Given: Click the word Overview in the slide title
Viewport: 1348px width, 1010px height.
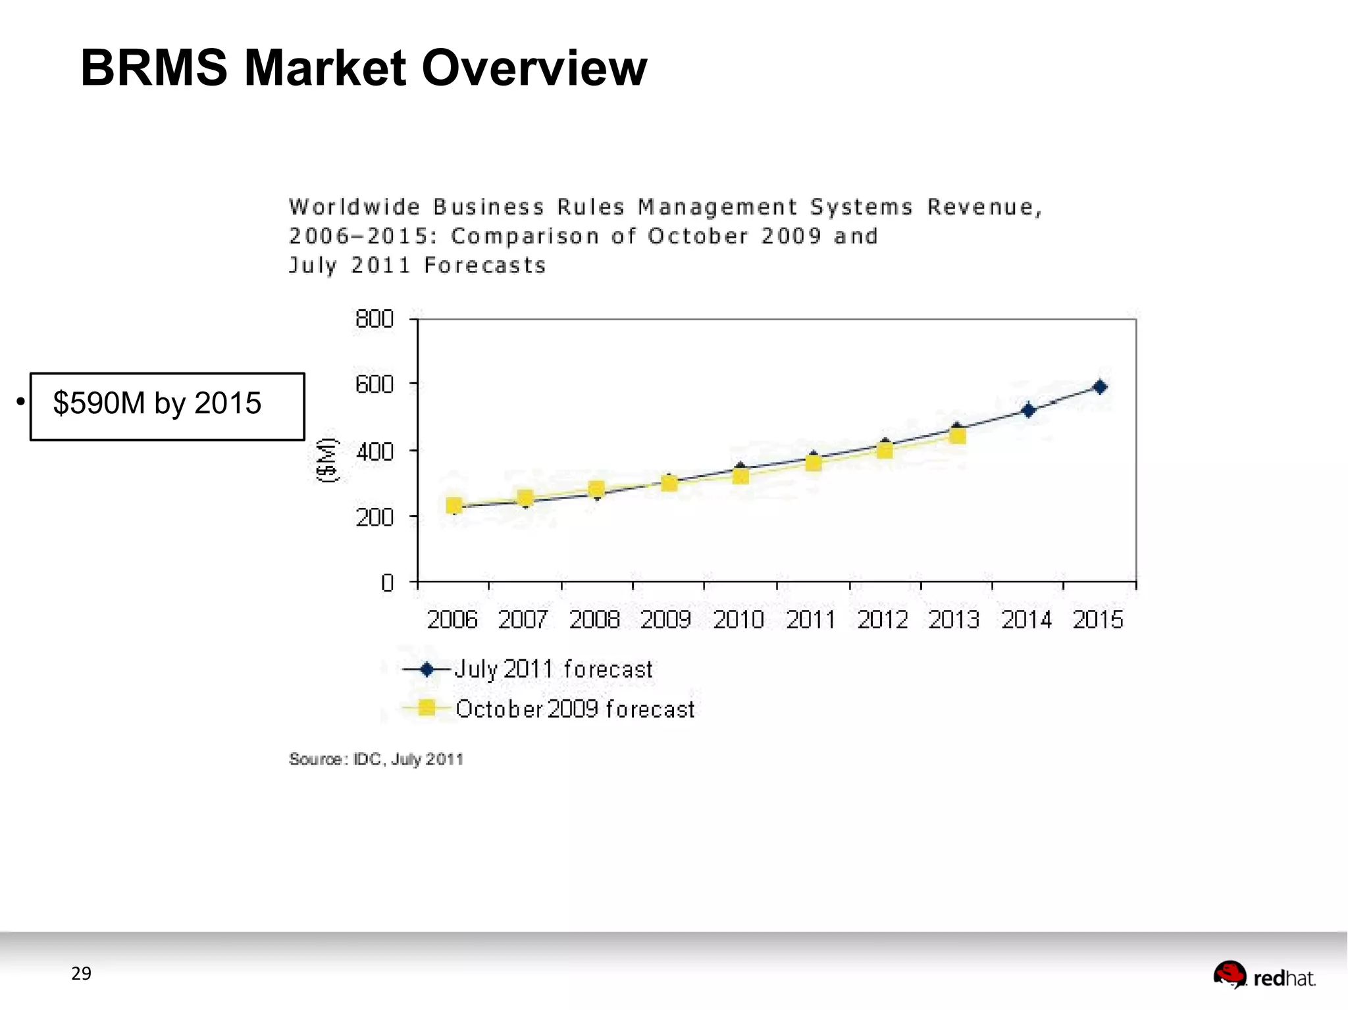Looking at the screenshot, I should coord(534,68).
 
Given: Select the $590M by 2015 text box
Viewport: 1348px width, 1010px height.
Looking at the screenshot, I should coord(167,405).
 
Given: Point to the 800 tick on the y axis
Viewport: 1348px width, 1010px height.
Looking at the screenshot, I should coord(375,319).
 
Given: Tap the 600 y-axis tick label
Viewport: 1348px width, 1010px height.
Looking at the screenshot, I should coord(375,384).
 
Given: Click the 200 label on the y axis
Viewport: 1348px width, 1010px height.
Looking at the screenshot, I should coord(375,518).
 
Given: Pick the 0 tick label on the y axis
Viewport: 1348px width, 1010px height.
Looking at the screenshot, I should coord(387,583).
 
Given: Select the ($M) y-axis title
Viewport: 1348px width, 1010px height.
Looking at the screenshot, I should coord(327,460).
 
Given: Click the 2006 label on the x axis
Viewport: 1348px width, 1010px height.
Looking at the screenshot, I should coord(452,620).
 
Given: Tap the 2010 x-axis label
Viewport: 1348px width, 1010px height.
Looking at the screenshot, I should coord(739,620).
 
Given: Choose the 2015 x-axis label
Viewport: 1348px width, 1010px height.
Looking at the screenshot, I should coord(1097,620).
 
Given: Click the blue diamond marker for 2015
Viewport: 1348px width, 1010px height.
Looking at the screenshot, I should coord(1100,387).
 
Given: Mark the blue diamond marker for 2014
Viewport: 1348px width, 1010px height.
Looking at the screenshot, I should coord(1028,411).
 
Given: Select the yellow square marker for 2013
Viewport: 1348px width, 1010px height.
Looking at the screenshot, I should coord(958,436).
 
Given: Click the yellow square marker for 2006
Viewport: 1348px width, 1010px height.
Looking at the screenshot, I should coord(454,505).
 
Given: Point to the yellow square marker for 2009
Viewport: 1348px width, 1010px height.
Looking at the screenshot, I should coord(669,484).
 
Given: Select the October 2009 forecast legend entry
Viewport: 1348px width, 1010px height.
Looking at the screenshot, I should coord(549,709).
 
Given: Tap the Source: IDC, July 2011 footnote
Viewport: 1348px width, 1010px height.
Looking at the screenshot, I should coord(376,759).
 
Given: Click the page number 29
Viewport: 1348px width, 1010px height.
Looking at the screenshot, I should coord(81,974).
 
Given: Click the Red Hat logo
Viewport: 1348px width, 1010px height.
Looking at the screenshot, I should coord(1264,976).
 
